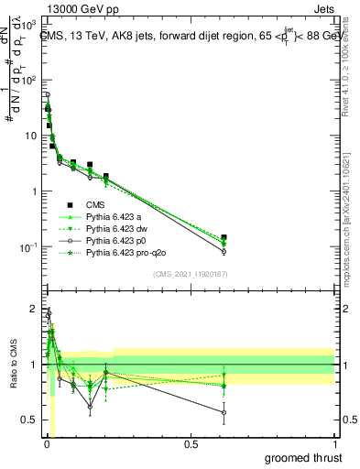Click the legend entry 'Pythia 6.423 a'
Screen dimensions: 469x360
[x=115, y=217]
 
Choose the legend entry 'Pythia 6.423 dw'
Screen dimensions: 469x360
[x=118, y=228]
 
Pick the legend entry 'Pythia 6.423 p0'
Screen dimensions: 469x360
[x=118, y=240]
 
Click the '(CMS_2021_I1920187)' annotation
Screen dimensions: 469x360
[x=190, y=274]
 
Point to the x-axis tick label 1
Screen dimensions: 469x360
[x=333, y=444]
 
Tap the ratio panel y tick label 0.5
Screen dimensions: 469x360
[x=28, y=420]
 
